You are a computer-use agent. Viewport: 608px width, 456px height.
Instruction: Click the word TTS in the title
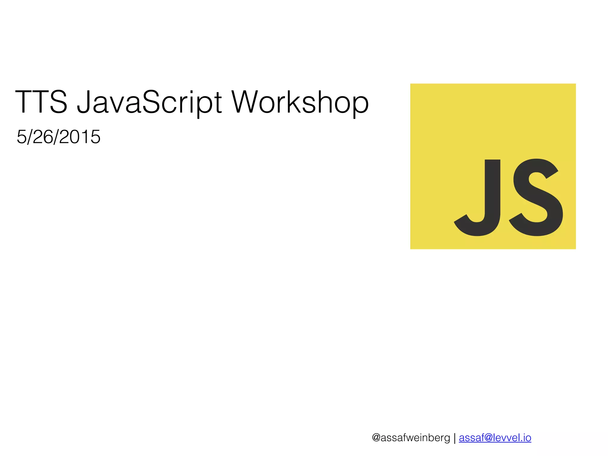point(41,102)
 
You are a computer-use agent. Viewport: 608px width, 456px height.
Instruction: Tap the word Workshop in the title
point(300,102)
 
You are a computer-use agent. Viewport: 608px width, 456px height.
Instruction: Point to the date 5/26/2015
point(58,137)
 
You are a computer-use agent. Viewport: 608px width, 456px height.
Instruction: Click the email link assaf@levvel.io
point(495,438)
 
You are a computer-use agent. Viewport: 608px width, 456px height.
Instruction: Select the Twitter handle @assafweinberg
point(411,438)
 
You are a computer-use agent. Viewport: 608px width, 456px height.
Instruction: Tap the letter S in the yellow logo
point(536,197)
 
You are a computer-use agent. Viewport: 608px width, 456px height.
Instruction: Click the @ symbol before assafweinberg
point(376,438)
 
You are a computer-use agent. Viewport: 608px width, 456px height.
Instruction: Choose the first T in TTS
point(24,102)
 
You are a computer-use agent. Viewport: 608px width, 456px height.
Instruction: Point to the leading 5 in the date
point(21,137)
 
